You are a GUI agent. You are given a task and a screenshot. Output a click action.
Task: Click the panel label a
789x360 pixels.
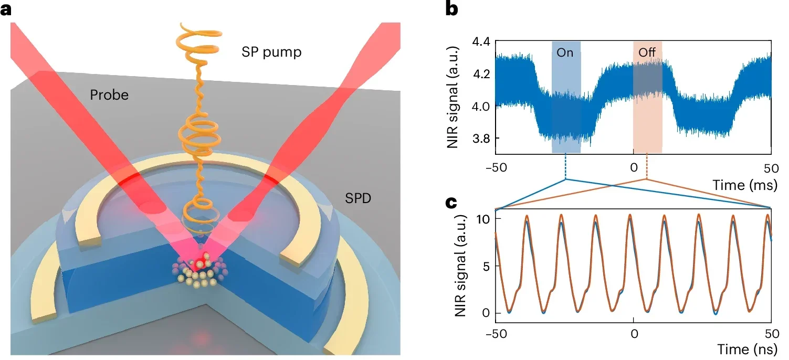click(7, 10)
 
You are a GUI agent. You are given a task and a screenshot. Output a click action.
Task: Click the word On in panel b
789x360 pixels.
click(565, 53)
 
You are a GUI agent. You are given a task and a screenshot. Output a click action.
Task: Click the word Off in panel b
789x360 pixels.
click(647, 53)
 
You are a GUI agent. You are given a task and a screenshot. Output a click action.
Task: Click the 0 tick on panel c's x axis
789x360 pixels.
click(634, 333)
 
